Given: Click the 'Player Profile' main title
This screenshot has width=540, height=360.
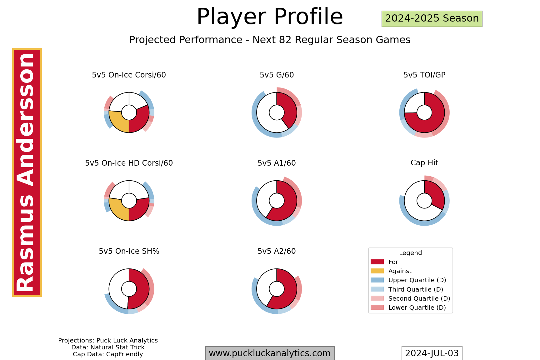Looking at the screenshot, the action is [270, 17].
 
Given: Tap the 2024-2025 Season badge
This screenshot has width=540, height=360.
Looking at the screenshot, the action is [432, 19].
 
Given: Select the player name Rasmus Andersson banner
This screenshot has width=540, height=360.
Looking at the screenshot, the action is [27, 172].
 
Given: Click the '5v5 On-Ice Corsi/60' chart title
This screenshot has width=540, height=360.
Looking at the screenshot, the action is [129, 75].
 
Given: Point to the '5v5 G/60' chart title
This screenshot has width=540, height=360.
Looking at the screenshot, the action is [277, 75].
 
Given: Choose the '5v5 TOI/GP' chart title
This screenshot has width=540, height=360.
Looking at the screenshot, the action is [424, 75].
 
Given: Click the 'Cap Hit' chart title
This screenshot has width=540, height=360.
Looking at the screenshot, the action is [424, 163].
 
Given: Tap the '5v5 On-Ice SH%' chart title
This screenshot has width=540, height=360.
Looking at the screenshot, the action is [129, 251].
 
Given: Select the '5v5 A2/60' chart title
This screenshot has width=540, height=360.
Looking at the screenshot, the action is [277, 251].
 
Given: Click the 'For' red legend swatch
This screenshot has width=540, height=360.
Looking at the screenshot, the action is [377, 262].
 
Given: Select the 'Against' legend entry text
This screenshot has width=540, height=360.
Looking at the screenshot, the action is [400, 271].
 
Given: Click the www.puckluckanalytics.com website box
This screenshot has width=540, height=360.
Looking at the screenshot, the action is [270, 353].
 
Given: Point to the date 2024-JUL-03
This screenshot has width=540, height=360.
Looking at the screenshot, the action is [432, 353].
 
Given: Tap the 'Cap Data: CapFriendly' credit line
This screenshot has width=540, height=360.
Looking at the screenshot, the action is [108, 354].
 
